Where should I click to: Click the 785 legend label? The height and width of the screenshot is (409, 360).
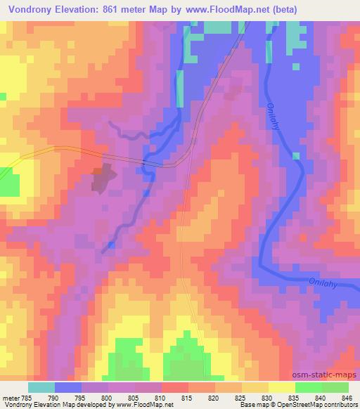[28, 396]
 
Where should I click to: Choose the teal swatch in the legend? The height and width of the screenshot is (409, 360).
[41, 387]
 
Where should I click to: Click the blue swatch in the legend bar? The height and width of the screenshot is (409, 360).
[68, 387]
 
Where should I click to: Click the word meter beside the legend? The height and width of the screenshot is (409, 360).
[9, 396]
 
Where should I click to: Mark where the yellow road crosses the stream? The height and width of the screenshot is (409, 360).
[145, 163]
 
